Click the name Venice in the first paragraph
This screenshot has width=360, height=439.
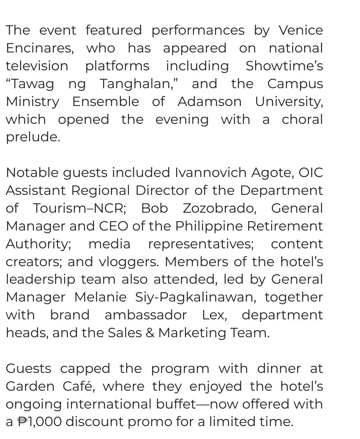click(x=301, y=30)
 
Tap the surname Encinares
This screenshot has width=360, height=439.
click(x=39, y=48)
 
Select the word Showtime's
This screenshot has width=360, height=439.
click(x=284, y=66)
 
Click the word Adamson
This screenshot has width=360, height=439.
click(x=209, y=102)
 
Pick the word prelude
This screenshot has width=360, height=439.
click(x=33, y=137)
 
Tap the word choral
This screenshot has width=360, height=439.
click(x=302, y=120)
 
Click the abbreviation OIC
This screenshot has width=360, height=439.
click(x=310, y=173)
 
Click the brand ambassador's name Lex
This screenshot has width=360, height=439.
click(x=214, y=315)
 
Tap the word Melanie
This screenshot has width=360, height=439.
click(x=100, y=297)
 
